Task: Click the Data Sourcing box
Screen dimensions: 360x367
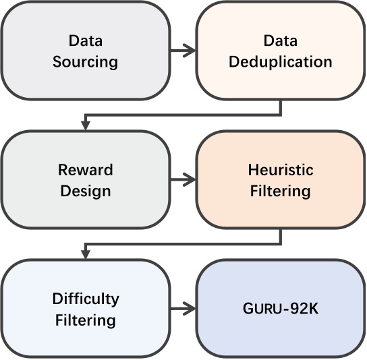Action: coord(86,51)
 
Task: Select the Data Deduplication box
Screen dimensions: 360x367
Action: coord(280,51)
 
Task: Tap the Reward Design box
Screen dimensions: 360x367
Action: coord(86,180)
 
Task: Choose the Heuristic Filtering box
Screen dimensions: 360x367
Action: coord(280,180)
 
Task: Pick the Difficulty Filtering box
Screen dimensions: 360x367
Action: coord(86,309)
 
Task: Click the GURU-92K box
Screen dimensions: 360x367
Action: coord(280,309)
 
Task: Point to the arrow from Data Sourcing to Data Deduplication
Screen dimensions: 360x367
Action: coord(182,50)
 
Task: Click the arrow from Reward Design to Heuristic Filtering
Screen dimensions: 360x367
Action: coord(182,179)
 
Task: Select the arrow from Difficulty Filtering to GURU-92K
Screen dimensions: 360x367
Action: coord(182,309)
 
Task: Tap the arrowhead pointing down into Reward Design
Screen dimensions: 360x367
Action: coord(86,125)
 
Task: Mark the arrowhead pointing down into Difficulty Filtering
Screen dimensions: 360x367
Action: coord(86,254)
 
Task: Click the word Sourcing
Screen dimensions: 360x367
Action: coord(86,62)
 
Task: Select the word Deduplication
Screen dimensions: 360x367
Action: coord(280,62)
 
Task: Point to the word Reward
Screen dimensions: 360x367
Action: coord(86,169)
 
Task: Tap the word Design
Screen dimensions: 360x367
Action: coord(86,191)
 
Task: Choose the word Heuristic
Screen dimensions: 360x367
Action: coord(280,169)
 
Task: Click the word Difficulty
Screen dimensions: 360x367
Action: coord(86,298)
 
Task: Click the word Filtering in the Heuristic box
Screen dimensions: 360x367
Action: coord(280,191)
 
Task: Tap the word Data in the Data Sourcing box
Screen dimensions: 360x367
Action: coord(86,40)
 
